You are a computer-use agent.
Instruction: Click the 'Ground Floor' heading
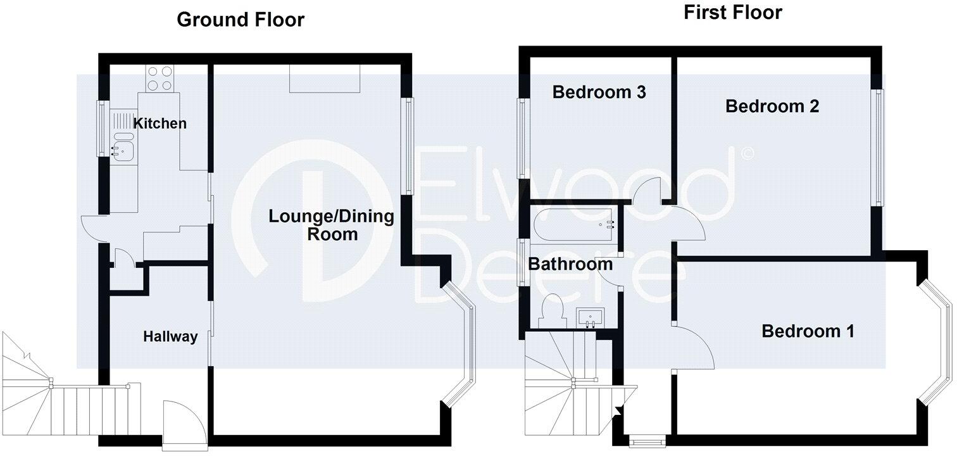tap(240, 20)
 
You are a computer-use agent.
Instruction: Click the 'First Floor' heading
tap(732, 12)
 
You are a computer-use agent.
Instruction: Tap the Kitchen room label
tap(159, 123)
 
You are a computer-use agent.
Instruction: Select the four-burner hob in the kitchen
tap(159, 79)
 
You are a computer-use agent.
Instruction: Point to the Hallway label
tap(170, 337)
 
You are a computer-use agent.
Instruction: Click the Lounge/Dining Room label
tap(331, 225)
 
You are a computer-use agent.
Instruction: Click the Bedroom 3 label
tap(599, 92)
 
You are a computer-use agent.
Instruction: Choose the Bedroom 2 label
tap(772, 106)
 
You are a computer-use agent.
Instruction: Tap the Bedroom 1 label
tap(808, 331)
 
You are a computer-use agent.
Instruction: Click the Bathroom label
tap(570, 263)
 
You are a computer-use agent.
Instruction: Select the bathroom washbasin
tap(590, 317)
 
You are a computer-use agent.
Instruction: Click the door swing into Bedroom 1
tap(693, 345)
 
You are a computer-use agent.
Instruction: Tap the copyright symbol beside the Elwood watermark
tap(747, 153)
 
